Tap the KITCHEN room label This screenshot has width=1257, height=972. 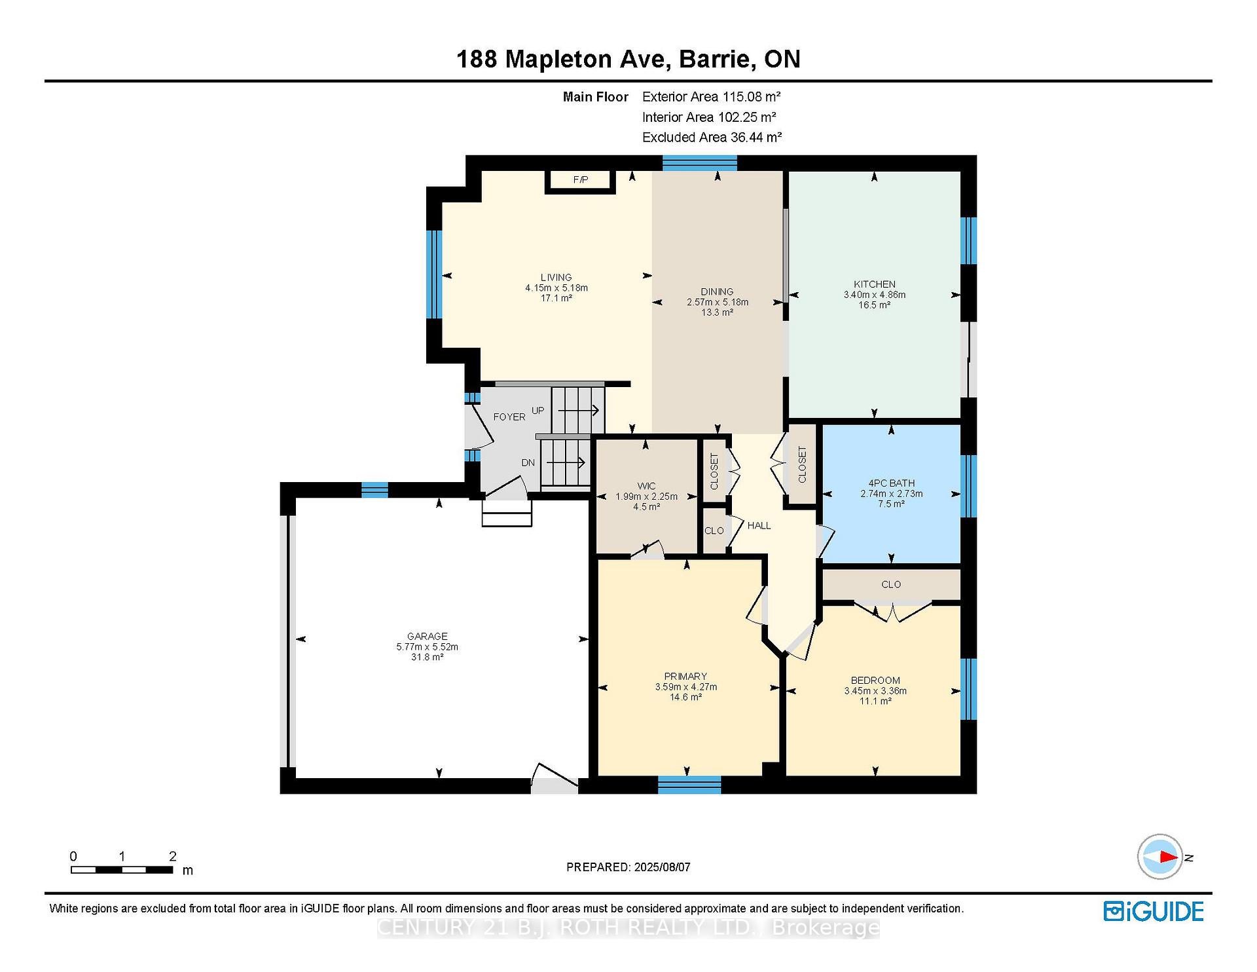coord(875,284)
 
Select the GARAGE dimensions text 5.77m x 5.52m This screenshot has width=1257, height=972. coord(428,646)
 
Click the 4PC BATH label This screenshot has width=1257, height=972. coord(892,483)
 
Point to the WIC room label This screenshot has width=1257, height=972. coord(646,486)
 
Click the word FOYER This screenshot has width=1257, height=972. coord(509,417)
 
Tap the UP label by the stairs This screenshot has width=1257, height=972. coord(537,411)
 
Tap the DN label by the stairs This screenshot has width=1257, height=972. coord(528,462)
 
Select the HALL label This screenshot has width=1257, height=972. coord(759,525)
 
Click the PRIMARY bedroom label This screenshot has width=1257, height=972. coord(685,676)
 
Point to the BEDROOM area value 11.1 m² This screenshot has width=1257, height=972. coord(875,701)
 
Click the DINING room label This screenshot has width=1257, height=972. coord(717,291)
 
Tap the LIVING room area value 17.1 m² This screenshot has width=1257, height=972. coord(556,298)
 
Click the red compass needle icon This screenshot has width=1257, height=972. coord(1167,857)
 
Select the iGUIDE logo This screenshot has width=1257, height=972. coord(1154,911)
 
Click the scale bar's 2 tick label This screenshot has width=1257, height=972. coord(173,856)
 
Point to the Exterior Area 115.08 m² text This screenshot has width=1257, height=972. coord(712,97)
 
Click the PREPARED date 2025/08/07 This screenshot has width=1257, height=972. coord(663,867)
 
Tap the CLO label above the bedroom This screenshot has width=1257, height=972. coord(891,584)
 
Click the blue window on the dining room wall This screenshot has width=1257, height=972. coord(700,162)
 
